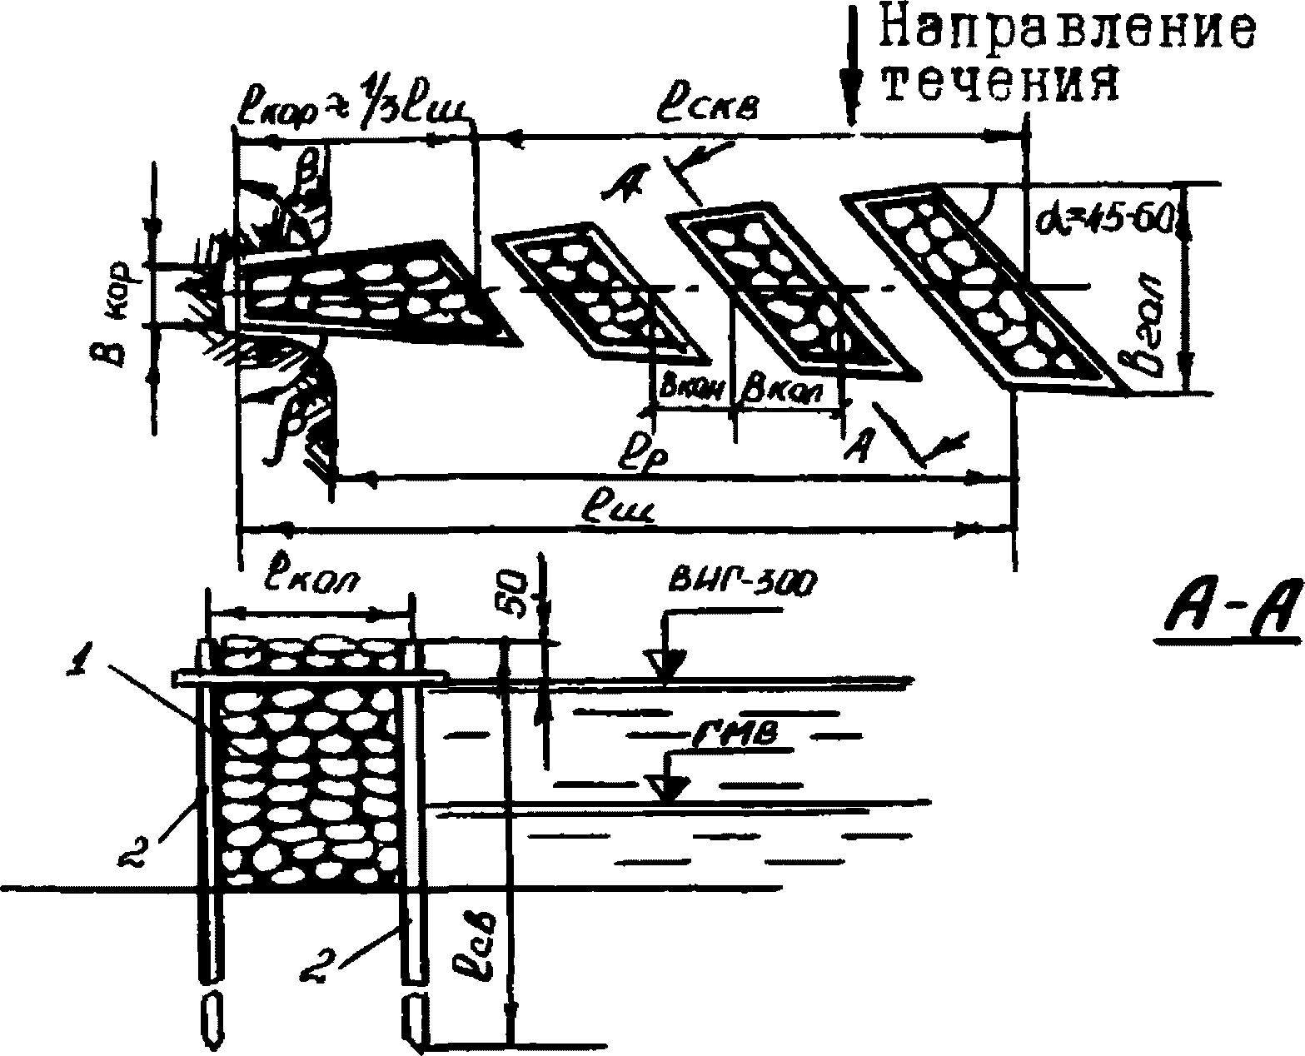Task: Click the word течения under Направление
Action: pyautogui.click(x=1000, y=84)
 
